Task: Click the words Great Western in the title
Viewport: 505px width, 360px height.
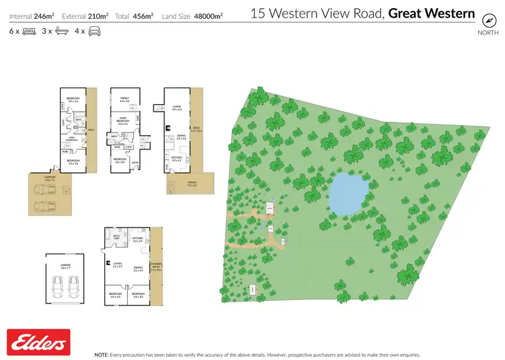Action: (432, 13)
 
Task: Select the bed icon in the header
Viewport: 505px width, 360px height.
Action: (29, 31)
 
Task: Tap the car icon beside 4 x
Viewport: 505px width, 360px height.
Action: (94, 31)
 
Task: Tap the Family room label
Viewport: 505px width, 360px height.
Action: (124, 99)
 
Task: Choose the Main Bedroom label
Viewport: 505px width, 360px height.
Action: (123, 122)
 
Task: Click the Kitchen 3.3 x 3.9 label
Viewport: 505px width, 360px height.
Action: (139, 240)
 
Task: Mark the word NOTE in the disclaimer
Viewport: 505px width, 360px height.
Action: (102, 354)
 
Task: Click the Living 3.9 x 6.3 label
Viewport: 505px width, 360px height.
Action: (177, 107)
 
